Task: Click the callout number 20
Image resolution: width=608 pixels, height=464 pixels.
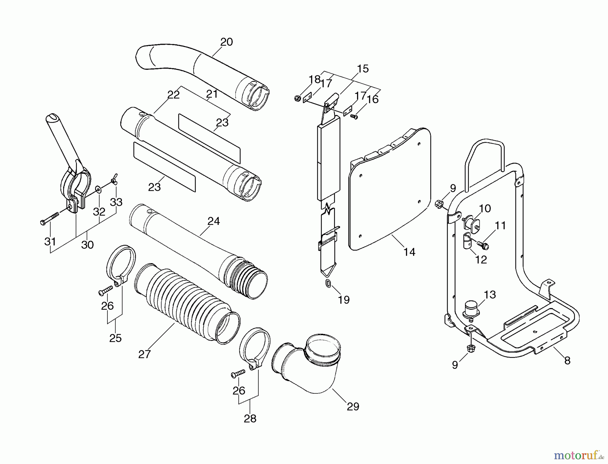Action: pos(227,42)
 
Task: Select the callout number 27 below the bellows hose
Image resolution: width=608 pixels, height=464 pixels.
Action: pos(144,354)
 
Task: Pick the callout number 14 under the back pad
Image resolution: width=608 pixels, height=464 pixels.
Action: pos(409,252)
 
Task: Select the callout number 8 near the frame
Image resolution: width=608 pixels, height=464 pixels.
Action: pos(567,361)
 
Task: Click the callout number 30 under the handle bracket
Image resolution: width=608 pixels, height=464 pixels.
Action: pos(87,245)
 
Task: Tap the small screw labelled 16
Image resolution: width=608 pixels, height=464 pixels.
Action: pos(354,117)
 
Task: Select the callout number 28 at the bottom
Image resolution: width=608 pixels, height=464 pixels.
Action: pos(250,419)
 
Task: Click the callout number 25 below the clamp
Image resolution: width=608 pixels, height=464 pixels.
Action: pos(115,338)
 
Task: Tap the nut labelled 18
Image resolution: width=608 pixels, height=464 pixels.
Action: pos(298,98)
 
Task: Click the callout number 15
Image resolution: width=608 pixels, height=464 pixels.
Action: pos(363,69)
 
